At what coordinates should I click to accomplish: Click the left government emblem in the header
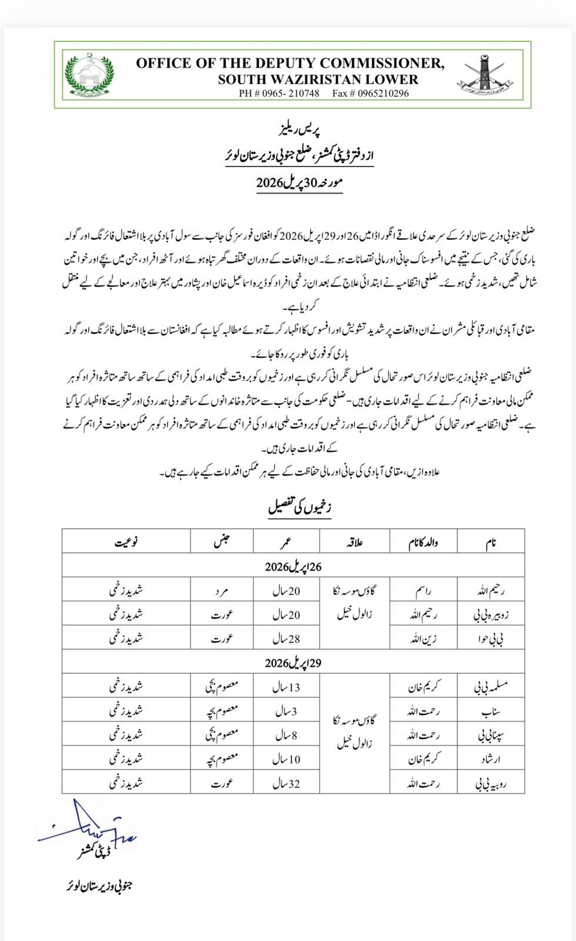[90, 75]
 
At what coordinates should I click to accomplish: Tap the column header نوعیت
[126, 542]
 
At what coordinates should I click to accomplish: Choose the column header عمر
[286, 542]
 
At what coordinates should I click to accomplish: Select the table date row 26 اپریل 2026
[293, 566]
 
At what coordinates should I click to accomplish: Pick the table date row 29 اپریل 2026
[293, 663]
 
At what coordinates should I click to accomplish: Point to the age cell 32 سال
[286, 783]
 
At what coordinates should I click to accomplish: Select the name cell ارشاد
[490, 759]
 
